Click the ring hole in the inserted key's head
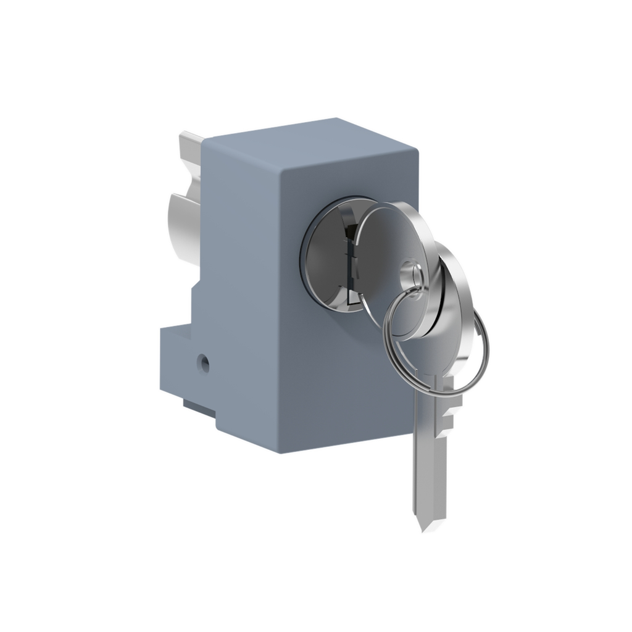tap(410, 272)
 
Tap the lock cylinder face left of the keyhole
tap(324, 253)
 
